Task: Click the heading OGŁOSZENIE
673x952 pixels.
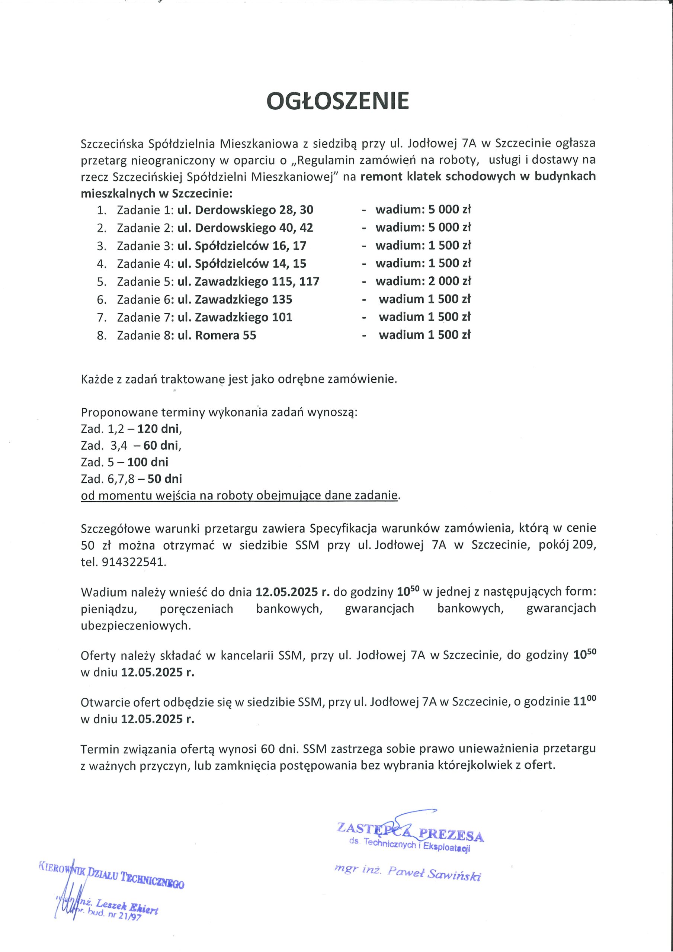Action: click(338, 101)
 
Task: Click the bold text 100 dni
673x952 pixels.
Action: click(148, 462)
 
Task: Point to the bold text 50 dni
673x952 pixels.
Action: click(165, 479)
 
